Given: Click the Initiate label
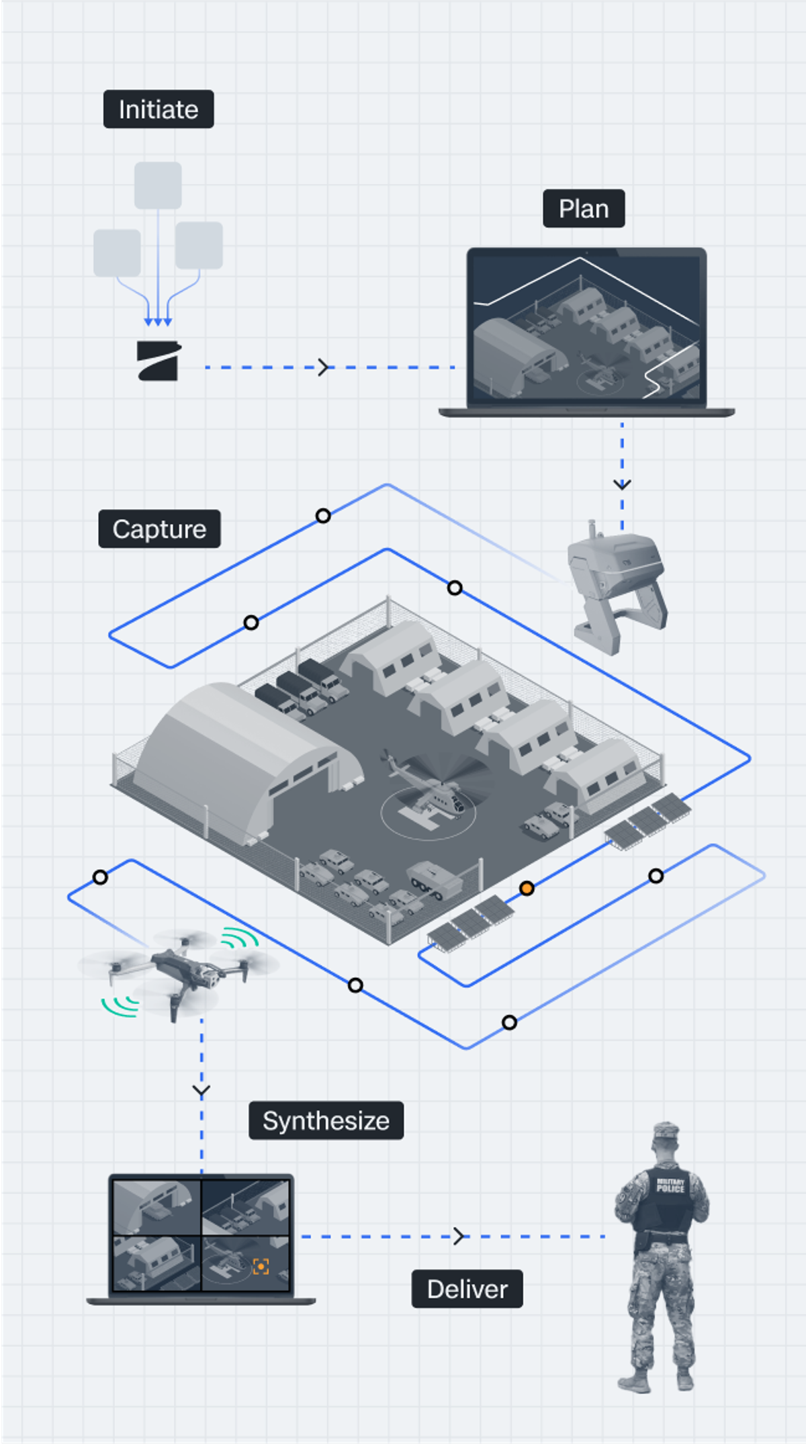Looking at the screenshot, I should (159, 109).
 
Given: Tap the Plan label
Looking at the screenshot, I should (584, 209).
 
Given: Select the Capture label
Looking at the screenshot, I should (159, 529).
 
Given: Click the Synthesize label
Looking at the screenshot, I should (326, 1121).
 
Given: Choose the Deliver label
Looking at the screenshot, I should (467, 1289).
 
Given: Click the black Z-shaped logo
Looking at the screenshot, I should (159, 361).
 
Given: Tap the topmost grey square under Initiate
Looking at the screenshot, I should (158, 185).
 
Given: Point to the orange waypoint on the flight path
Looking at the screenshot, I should (527, 889).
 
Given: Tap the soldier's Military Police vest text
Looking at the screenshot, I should (670, 1185).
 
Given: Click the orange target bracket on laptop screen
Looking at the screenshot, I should (261, 1267).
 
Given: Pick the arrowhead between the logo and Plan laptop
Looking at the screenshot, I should (324, 367).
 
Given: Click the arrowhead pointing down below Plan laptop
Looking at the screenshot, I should (622, 484).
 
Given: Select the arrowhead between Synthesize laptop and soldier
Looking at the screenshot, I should (459, 1236).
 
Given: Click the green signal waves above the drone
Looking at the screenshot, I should (240, 938).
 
